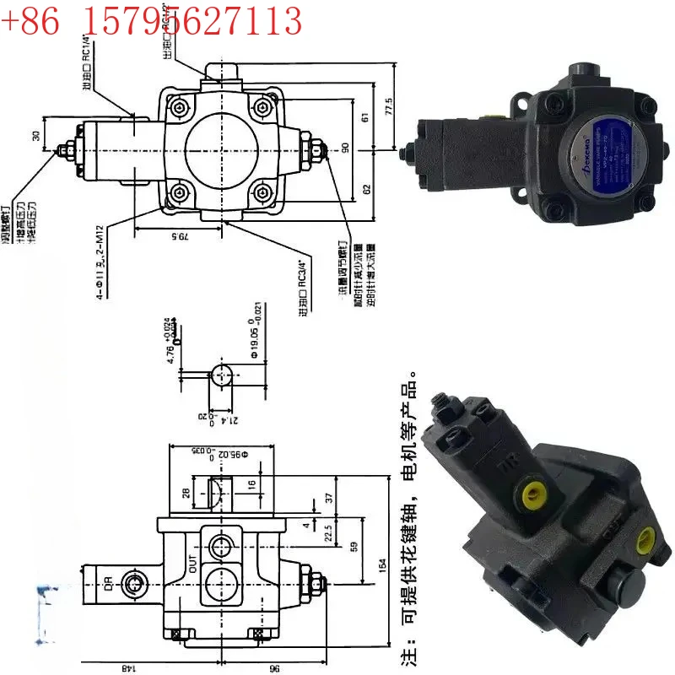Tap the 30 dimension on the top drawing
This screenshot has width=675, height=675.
click(x=35, y=136)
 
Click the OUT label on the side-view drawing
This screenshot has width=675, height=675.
click(x=192, y=559)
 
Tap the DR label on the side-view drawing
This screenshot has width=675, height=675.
click(x=109, y=581)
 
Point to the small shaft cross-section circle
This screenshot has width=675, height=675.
click(x=222, y=374)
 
